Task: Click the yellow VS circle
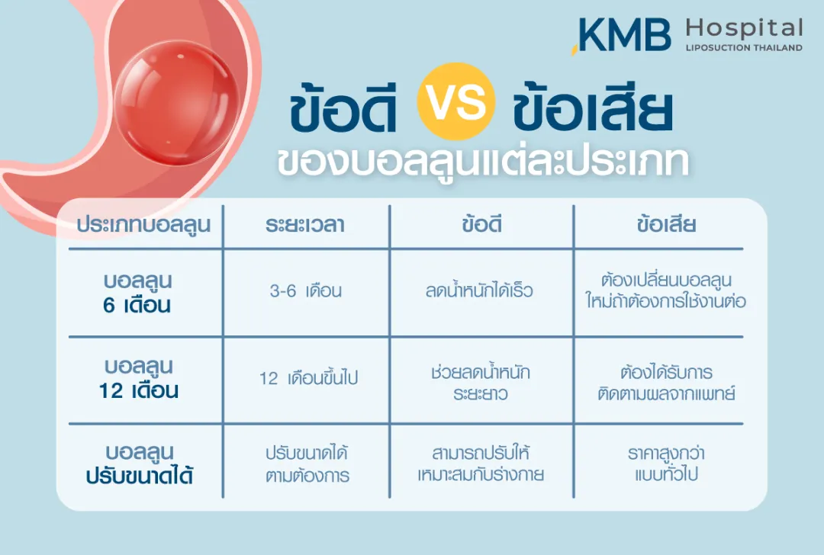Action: coord(456,101)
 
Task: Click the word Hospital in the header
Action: coord(744,30)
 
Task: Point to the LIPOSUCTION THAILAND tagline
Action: coord(744,48)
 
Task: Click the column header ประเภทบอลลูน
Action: coord(143,226)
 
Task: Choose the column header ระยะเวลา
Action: coord(305,226)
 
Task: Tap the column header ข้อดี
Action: coord(481,226)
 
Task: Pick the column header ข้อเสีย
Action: coord(666,226)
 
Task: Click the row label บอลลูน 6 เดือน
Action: coord(138,293)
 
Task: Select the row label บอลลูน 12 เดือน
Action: coord(138,378)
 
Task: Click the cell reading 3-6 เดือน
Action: coord(306,292)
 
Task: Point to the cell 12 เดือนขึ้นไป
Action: coord(308,378)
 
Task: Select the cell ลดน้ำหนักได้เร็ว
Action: coord(480,292)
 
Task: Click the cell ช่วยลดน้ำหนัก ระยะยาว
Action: coord(480,383)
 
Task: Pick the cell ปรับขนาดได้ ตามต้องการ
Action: coord(307,464)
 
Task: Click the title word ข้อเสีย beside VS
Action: coord(594,111)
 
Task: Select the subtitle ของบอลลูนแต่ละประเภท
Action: coord(483,162)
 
